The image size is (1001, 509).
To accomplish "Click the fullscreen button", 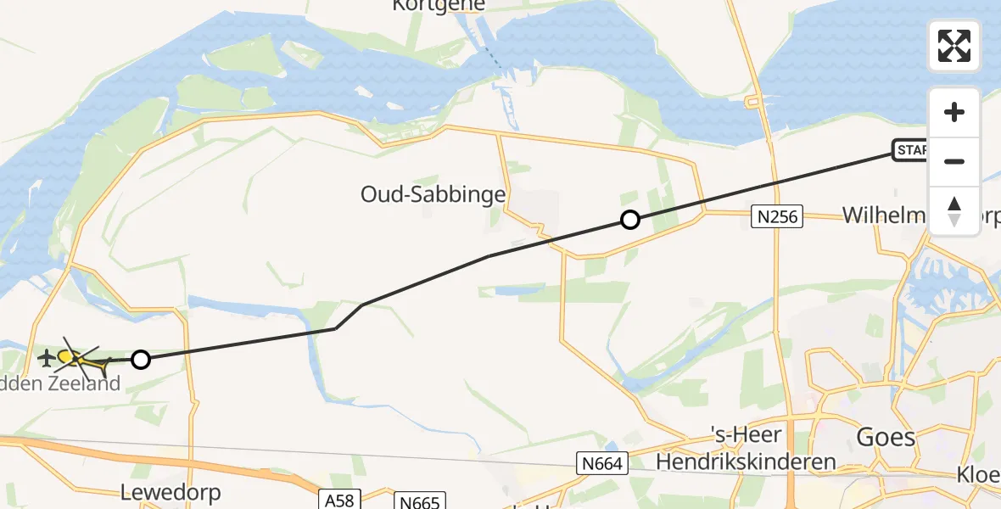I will (x=954, y=46).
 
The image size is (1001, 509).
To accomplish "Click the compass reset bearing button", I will (x=954, y=211).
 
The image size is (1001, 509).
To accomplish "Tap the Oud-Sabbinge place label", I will (x=433, y=194).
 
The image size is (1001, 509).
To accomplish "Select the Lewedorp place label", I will (x=171, y=492).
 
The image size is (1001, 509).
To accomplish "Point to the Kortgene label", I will (x=439, y=5).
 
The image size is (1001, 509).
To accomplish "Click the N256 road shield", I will (x=777, y=217).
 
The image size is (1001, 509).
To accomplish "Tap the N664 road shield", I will (x=603, y=463).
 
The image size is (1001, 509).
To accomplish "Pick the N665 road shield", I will (x=419, y=502).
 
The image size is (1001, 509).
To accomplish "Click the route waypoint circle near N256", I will (x=630, y=221).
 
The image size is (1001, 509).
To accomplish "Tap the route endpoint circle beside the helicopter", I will (x=141, y=360).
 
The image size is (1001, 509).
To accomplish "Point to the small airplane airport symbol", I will (x=46, y=358).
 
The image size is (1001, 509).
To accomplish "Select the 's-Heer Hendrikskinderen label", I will (x=747, y=451).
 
